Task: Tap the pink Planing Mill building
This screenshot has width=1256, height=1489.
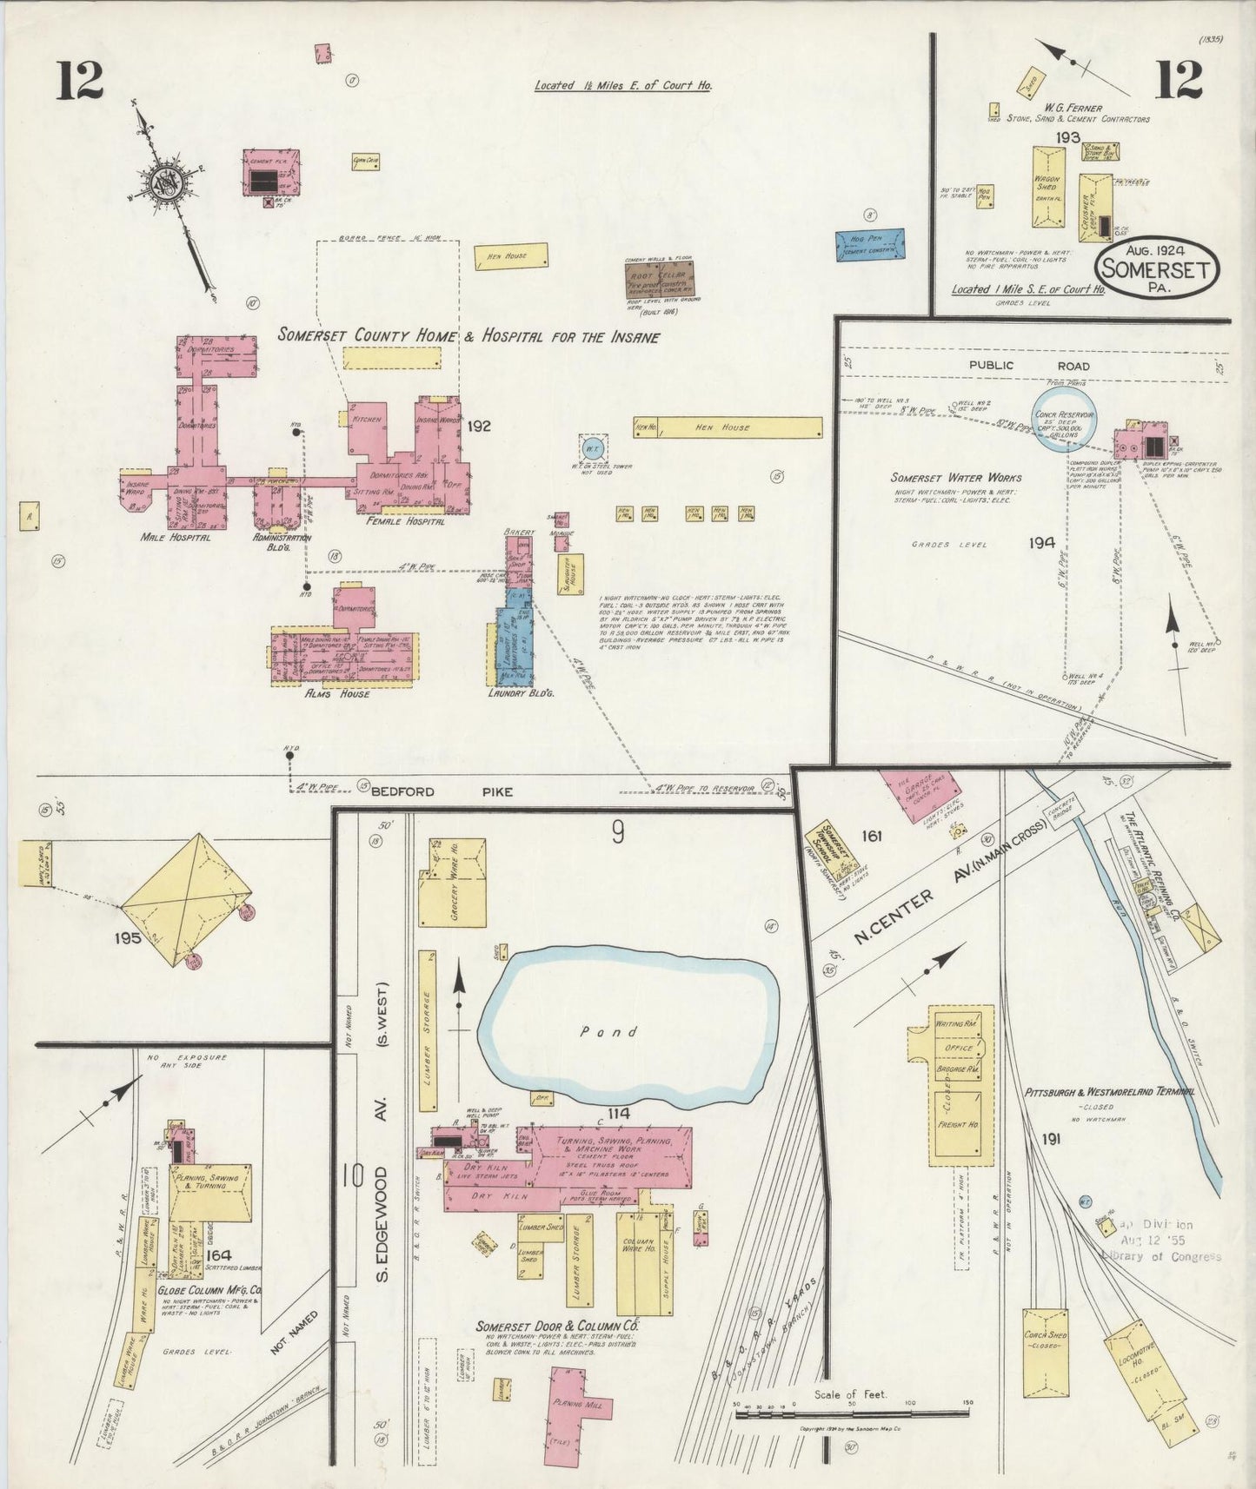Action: (x=580, y=1405)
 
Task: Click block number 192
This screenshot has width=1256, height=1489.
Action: (x=479, y=426)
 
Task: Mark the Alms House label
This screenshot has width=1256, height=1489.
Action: (x=342, y=693)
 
